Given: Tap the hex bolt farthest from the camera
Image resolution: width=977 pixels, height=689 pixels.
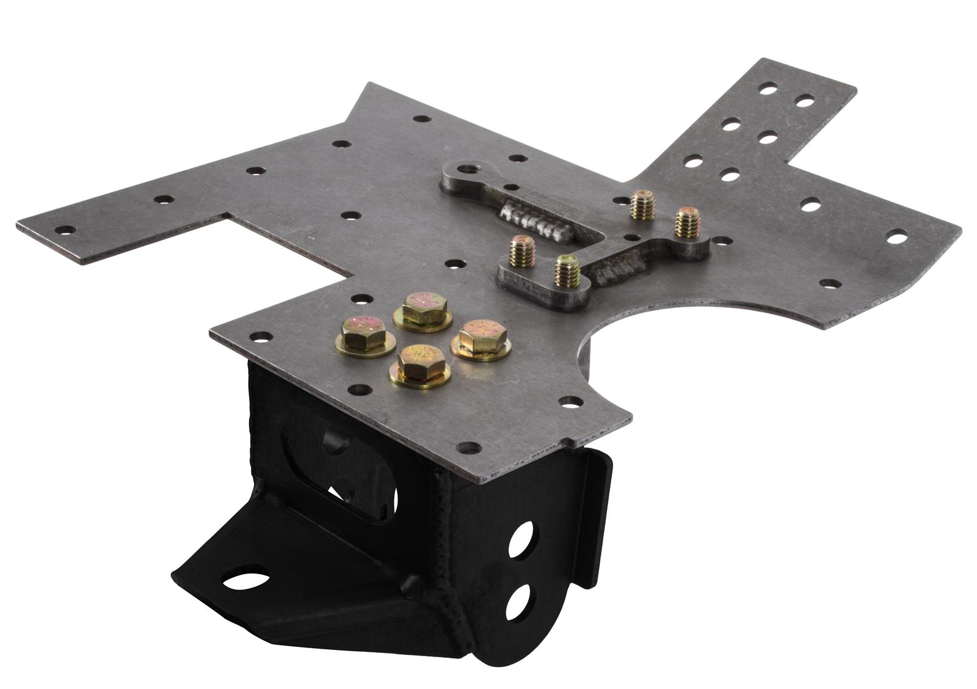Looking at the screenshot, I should click(x=423, y=307).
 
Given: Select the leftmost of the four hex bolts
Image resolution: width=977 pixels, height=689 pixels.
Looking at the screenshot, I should click(x=363, y=333).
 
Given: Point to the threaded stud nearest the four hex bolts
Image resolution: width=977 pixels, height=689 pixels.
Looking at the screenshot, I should click(x=523, y=250).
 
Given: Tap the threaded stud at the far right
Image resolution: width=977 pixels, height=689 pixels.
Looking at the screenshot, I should click(x=686, y=222).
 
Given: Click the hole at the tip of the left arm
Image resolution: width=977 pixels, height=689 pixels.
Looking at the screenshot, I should click(x=64, y=230).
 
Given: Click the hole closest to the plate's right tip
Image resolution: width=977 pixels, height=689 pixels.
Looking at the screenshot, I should click(x=896, y=236).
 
